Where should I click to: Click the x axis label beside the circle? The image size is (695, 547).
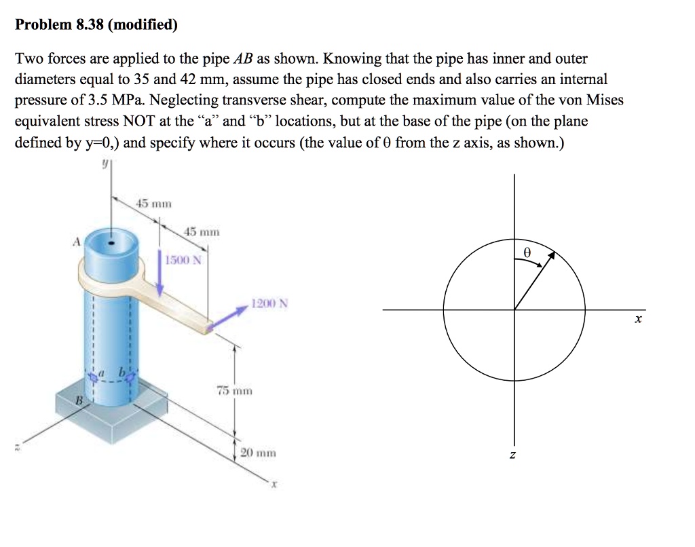(x=637, y=318)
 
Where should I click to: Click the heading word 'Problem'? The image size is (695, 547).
(x=43, y=26)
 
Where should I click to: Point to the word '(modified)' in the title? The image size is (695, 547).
(x=143, y=26)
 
